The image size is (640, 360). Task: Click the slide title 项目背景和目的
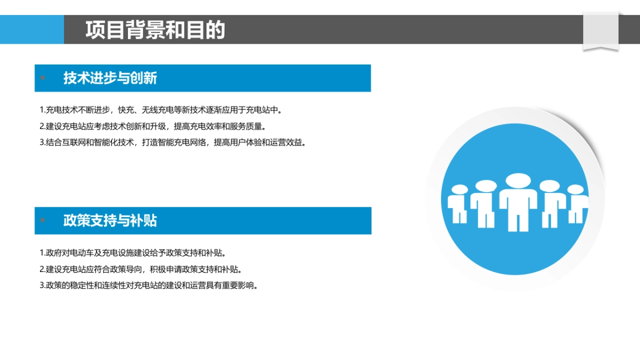pos(155,30)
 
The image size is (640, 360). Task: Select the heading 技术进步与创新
pos(110,78)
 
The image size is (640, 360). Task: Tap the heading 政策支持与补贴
pos(110,221)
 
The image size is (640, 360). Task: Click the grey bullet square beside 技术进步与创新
pos(43,78)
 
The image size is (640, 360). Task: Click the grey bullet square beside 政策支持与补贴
pos(43,220)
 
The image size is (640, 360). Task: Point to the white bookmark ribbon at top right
pos(601,31)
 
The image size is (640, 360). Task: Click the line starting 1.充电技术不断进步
pos(161,110)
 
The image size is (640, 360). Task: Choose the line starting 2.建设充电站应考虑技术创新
pos(153,126)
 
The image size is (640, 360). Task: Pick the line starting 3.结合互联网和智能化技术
pos(173,142)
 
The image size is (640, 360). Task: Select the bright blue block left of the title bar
pos(32,29)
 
